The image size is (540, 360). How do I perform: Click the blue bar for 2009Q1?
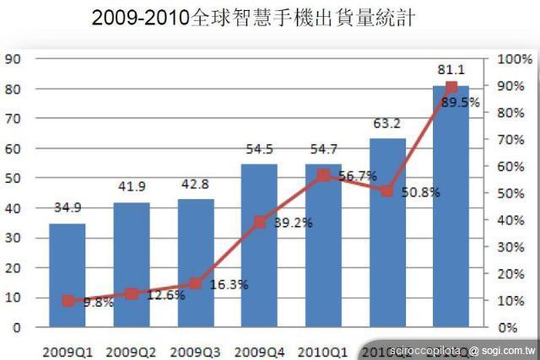pos(67,274)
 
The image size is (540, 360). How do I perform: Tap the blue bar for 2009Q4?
pos(259,244)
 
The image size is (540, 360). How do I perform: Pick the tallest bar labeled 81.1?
pos(451,206)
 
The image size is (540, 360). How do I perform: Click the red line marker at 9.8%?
pos(67,301)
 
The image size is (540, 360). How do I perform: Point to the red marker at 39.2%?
pos(260,222)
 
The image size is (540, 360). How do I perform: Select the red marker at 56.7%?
pos(323,175)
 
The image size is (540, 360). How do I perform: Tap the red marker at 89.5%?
pos(451,88)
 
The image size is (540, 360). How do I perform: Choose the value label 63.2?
pos(387,123)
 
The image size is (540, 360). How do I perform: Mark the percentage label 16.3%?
pos(227,285)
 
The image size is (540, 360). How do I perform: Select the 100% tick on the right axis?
pos(514,59)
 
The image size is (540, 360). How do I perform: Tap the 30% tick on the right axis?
pos(512,247)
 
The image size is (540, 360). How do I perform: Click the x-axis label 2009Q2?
pos(132,348)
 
